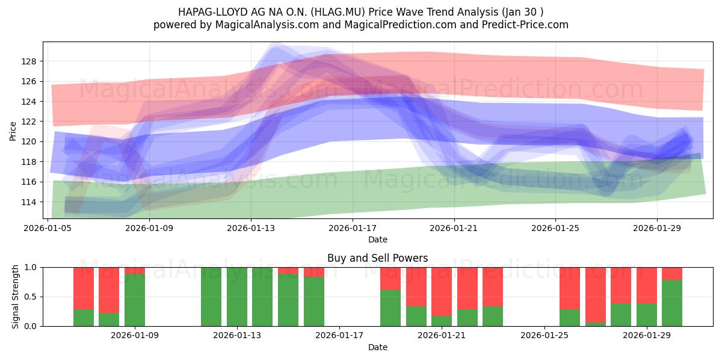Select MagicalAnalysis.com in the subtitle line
[x=267, y=25]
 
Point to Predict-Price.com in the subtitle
[x=525, y=25]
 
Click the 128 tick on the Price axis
[x=29, y=61]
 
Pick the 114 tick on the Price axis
[x=29, y=202]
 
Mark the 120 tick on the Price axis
[x=29, y=142]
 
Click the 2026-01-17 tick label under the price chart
[x=353, y=228]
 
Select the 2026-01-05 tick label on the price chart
[x=48, y=228]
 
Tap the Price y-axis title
[x=13, y=131]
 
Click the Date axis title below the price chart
[x=378, y=239]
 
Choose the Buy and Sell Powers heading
[x=378, y=258]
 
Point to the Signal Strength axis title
[x=15, y=297]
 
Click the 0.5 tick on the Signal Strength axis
[x=30, y=297]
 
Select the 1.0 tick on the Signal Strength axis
[x=30, y=268]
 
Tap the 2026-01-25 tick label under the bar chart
[x=545, y=336]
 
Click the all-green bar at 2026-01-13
[x=237, y=297]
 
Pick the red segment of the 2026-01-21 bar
[x=442, y=291]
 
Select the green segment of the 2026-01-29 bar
[x=647, y=315]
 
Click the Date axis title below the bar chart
[x=378, y=347]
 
